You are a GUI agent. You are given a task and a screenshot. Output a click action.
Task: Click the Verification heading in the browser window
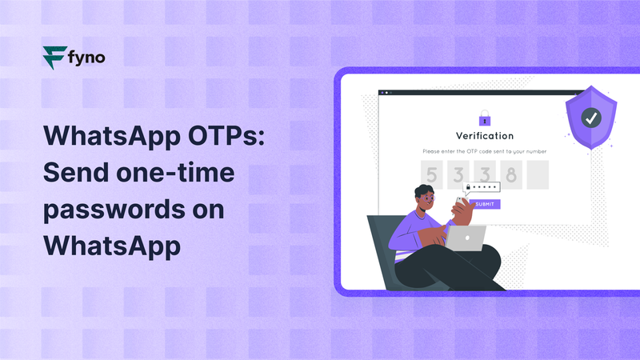point(485,136)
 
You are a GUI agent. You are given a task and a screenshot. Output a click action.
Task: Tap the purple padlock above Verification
point(484,118)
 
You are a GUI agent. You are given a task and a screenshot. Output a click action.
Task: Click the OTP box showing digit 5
point(433,173)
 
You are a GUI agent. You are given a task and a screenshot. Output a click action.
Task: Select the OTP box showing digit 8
point(511,173)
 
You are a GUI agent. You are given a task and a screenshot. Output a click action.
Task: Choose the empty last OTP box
point(537,173)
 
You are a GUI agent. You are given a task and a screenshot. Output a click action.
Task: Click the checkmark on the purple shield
point(591,118)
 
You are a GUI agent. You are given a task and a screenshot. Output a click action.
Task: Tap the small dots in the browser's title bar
point(384,93)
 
